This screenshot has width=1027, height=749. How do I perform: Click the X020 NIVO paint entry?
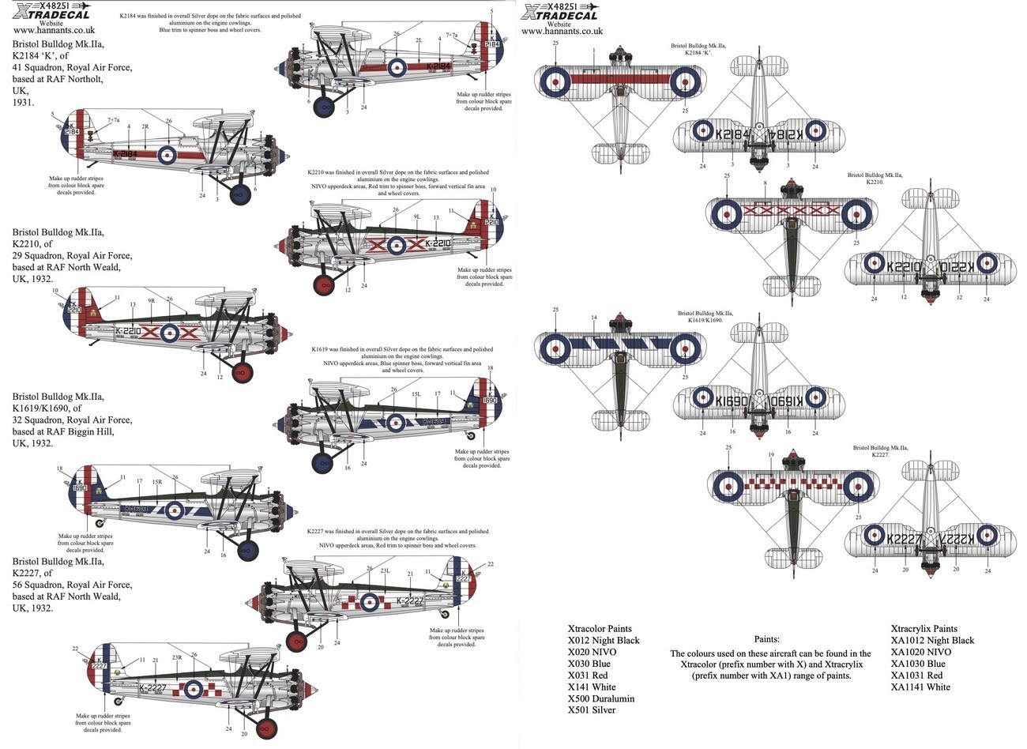(592, 652)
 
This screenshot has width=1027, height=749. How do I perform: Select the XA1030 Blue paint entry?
(918, 664)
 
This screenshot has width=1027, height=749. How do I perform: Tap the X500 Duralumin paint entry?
(601, 698)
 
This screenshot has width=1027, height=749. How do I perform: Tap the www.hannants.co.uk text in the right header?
(562, 31)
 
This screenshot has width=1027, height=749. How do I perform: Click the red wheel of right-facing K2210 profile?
(322, 284)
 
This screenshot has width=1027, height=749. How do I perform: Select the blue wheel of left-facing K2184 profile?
(239, 194)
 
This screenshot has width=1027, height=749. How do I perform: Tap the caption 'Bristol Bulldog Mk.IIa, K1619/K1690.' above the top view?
(705, 318)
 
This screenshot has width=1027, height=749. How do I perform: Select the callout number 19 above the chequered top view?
(770, 454)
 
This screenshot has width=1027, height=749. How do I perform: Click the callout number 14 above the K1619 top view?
(594, 318)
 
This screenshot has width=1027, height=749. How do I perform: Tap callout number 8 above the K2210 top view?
(765, 183)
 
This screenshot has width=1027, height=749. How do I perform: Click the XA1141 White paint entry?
(920, 687)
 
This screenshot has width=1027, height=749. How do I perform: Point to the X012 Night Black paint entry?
(604, 640)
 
